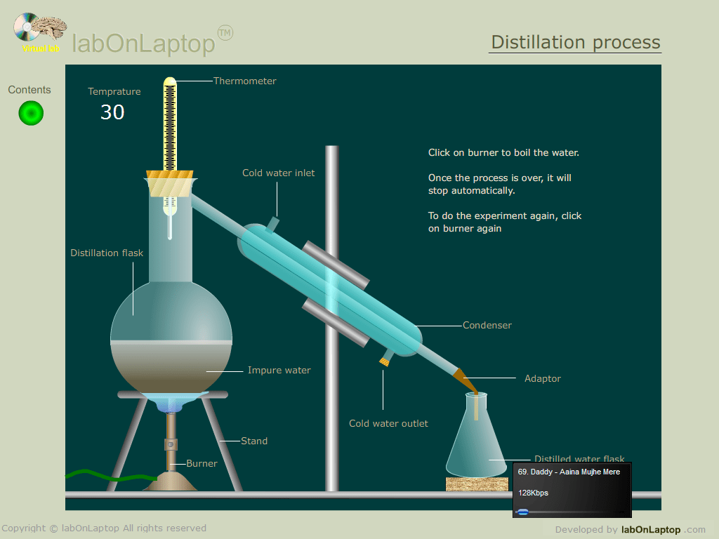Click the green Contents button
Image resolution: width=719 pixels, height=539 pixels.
(x=31, y=113)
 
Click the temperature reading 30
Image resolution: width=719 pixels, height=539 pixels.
(x=112, y=112)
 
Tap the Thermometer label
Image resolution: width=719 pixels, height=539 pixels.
(x=244, y=81)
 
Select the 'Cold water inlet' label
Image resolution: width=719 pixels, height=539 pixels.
(x=279, y=173)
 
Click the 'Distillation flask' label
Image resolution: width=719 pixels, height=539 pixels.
(x=107, y=253)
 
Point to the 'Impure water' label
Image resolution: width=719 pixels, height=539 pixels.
(x=279, y=371)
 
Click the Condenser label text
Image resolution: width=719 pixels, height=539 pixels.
(x=487, y=326)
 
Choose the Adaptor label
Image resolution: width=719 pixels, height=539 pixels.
(x=543, y=379)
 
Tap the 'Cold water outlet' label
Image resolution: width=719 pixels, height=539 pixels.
(x=388, y=424)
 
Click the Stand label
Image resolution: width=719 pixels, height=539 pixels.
(x=254, y=441)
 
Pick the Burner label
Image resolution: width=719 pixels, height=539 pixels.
(x=202, y=464)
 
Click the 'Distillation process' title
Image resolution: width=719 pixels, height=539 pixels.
(x=576, y=42)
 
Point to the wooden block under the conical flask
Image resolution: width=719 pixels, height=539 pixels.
(x=477, y=484)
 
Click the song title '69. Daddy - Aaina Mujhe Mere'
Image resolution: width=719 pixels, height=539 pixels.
(x=569, y=472)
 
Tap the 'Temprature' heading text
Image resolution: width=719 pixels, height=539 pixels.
(x=114, y=92)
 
